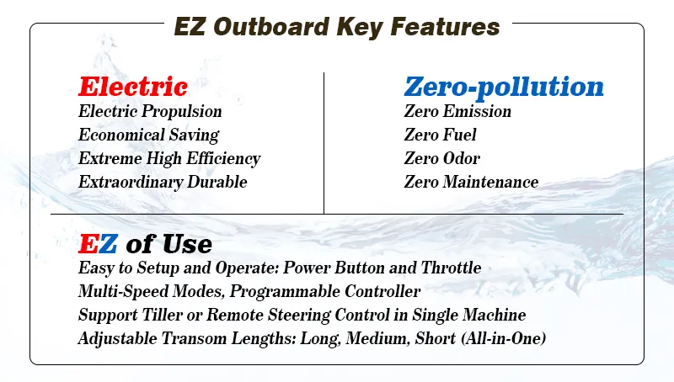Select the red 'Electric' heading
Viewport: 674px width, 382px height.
pyautogui.click(x=132, y=87)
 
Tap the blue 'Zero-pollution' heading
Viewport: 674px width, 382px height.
pyautogui.click(x=504, y=87)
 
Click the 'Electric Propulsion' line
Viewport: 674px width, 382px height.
pyautogui.click(x=150, y=111)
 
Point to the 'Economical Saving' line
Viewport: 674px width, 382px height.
pyautogui.click(x=148, y=135)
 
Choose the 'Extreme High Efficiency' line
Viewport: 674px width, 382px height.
pyautogui.click(x=169, y=158)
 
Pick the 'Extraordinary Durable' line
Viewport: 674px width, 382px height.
pyautogui.click(x=163, y=182)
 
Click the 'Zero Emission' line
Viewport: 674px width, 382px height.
pyautogui.click(x=457, y=111)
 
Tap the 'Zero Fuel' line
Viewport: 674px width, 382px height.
pyautogui.click(x=440, y=135)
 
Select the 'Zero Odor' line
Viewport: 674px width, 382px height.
pyautogui.click(x=441, y=158)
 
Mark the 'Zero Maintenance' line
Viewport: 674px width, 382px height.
pyautogui.click(x=471, y=182)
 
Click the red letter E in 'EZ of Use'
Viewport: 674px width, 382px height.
pyautogui.click(x=88, y=244)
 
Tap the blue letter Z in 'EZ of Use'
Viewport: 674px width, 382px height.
pyautogui.click(x=108, y=244)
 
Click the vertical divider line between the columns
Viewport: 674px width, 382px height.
pyautogui.click(x=324, y=143)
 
